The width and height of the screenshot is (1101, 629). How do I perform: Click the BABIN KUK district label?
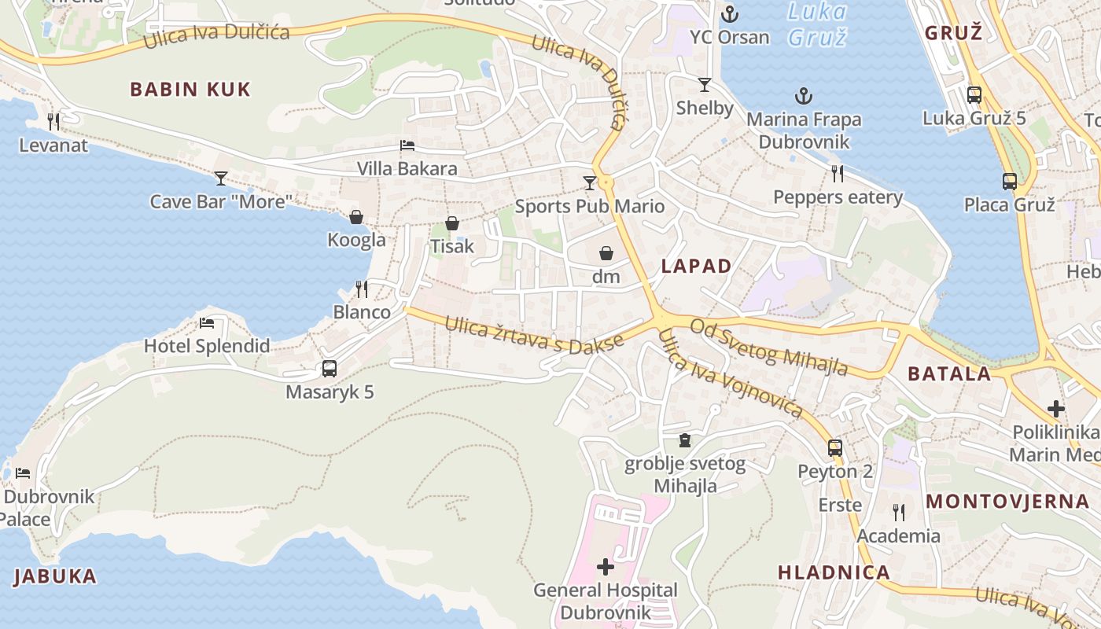pyautogui.click(x=190, y=89)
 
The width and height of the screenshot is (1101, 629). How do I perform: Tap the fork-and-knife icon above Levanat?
pyautogui.click(x=53, y=121)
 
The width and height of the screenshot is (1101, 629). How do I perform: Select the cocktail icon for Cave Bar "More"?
pyautogui.click(x=221, y=178)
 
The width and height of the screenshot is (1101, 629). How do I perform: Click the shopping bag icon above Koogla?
pyautogui.click(x=356, y=217)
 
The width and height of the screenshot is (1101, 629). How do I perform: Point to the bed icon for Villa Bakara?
pyautogui.click(x=407, y=145)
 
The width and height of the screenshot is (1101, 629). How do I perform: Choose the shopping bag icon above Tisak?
pyautogui.click(x=452, y=223)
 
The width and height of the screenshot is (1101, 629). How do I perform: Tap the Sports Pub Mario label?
pyautogui.click(x=589, y=207)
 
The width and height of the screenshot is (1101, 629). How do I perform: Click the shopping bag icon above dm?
pyautogui.click(x=606, y=253)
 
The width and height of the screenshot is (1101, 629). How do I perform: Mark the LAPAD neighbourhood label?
pyautogui.click(x=697, y=266)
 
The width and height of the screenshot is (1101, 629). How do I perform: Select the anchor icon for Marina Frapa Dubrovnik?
pyautogui.click(x=804, y=97)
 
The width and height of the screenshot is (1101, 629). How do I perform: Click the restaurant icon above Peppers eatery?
pyautogui.click(x=838, y=174)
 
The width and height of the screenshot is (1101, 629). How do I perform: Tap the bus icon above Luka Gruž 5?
pyautogui.click(x=974, y=95)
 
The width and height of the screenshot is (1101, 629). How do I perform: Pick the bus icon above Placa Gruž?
pyautogui.click(x=1010, y=182)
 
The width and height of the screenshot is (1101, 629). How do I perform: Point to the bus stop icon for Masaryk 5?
pyautogui.click(x=330, y=368)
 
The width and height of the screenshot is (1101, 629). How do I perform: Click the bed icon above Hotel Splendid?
pyautogui.click(x=207, y=322)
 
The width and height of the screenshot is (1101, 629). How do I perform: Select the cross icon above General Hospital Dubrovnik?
pyautogui.click(x=606, y=566)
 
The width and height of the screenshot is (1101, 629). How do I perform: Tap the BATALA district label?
pyautogui.click(x=949, y=373)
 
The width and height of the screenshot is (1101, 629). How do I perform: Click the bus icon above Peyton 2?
pyautogui.click(x=835, y=448)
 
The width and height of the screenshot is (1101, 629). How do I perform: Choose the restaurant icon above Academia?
pyautogui.click(x=899, y=513)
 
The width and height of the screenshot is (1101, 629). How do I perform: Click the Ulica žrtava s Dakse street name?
pyautogui.click(x=534, y=336)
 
